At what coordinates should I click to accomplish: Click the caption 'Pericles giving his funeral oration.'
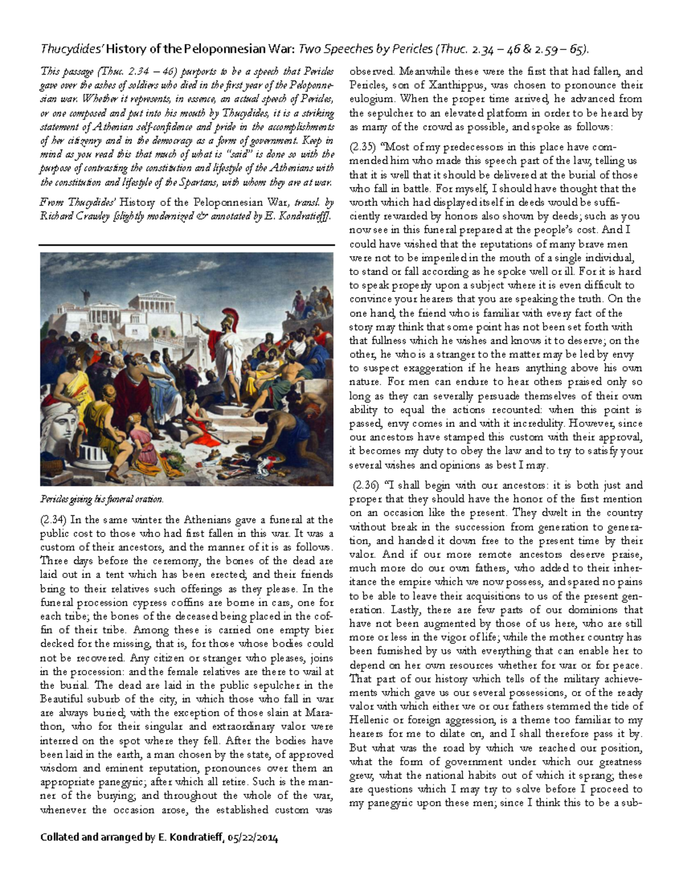tap(101, 499)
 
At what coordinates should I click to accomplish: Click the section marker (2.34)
tap(54, 520)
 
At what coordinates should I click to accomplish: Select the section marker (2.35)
tap(363, 147)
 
